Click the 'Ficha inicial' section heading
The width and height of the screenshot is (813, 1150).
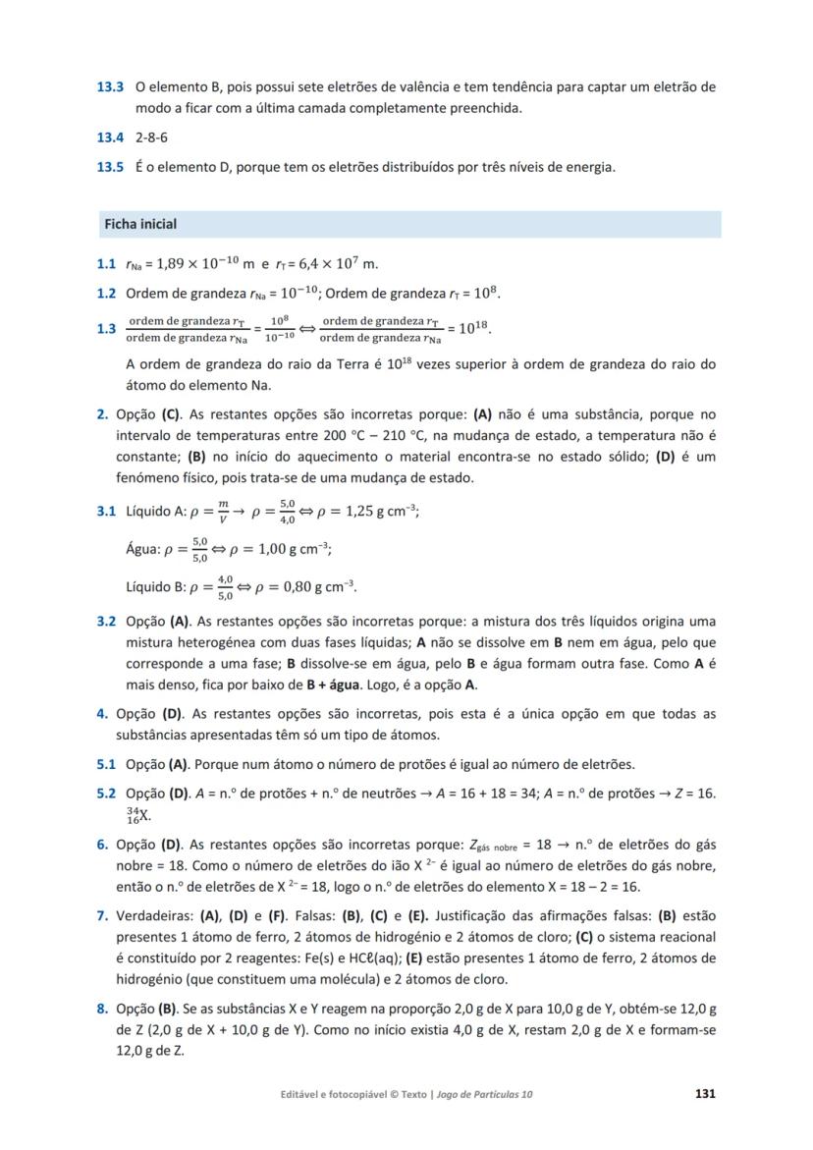(x=140, y=224)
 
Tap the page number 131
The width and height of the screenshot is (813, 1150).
(x=704, y=1093)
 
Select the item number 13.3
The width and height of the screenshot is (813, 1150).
(x=109, y=87)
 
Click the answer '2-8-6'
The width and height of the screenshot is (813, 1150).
(x=152, y=137)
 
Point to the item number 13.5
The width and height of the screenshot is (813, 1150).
(x=109, y=167)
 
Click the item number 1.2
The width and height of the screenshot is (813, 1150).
(x=107, y=293)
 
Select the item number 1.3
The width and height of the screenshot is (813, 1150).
(x=107, y=329)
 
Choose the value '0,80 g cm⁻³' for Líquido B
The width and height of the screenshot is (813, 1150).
(x=315, y=587)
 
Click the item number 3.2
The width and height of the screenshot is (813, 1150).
(x=107, y=622)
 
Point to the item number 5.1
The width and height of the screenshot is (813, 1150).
(x=107, y=764)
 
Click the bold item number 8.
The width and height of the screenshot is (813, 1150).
(x=102, y=1009)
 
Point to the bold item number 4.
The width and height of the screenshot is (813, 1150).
(x=102, y=713)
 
